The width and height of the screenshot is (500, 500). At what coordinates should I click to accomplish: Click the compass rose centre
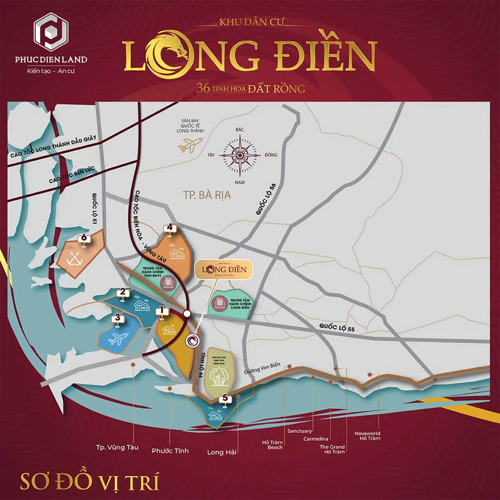point(240,155)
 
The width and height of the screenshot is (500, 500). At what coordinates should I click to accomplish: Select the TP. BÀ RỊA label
point(207,195)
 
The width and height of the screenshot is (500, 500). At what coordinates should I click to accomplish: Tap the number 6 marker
point(84,238)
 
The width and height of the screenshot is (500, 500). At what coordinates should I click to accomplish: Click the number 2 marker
point(122,292)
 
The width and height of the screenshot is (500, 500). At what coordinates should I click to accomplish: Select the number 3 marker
point(118,318)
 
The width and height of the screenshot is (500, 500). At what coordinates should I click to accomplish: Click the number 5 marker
point(225,398)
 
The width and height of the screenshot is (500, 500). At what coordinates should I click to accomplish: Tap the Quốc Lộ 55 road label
point(337,327)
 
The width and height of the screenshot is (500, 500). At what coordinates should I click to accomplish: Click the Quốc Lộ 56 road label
point(266,199)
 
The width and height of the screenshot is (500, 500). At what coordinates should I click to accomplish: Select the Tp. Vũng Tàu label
point(117,447)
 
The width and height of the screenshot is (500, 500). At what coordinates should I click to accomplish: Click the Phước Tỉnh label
point(170,451)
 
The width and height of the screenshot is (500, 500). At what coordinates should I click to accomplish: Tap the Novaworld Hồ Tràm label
point(367,436)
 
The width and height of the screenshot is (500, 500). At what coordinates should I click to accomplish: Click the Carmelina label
point(315,439)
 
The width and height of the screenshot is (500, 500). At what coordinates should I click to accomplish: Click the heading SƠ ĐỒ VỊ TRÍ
point(90,481)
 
